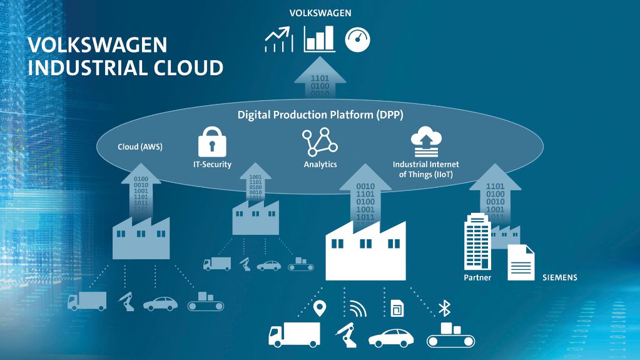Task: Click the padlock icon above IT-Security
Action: pos(212,141)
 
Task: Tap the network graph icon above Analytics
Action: pos(320,141)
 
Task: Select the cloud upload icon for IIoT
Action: pos(425,141)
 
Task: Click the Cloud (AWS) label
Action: pos(140,147)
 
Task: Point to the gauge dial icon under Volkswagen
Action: pos(358,39)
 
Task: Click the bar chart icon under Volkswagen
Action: pos(320,39)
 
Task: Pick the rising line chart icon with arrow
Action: pos(279,39)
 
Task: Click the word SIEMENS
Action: pos(560,277)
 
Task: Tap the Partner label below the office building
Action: pos(477,277)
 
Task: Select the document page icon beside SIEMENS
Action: pos(521,262)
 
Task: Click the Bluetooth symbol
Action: pos(444,309)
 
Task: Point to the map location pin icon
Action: pos(320,309)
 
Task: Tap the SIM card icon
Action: pos(397,309)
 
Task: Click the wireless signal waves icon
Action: pos(358,309)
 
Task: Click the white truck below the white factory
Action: pos(294,334)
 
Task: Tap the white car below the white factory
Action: pos(390,338)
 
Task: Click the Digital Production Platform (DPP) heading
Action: pos(320,115)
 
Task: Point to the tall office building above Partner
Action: pos(477,241)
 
